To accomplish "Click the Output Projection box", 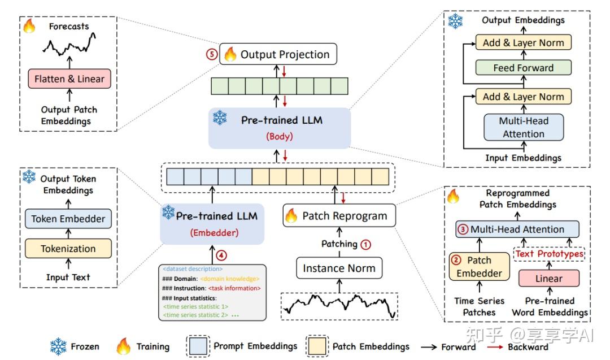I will click(278, 54).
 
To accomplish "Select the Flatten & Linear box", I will click(69, 79).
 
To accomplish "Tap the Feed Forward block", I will click(523, 68).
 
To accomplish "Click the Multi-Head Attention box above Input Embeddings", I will click(523, 127).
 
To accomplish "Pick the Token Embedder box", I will click(68, 219).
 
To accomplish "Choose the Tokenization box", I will click(68, 249).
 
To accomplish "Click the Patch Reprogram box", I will click(338, 216).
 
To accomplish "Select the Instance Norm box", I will click(339, 268).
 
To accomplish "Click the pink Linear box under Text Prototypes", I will click(548, 279).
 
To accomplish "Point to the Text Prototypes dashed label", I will click(548, 254).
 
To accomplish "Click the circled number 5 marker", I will click(211, 55).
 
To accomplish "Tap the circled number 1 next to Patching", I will click(366, 244).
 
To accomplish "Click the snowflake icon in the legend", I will click(58, 346).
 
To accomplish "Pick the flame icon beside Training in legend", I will click(123, 346).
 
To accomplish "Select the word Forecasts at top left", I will click(68, 26).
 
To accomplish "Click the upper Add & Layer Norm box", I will click(523, 42).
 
